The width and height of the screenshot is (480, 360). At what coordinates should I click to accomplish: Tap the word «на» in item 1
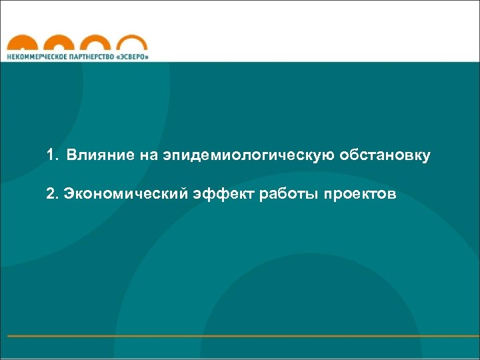[148, 156]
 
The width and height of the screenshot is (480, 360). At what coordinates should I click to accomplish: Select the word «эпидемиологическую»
[248, 156]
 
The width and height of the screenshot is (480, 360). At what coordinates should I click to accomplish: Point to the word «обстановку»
[385, 156]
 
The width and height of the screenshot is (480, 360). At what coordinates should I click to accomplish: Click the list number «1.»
[53, 156]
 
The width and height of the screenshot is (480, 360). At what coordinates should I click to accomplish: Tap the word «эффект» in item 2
[216, 194]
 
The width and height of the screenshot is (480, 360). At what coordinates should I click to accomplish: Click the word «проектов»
[359, 194]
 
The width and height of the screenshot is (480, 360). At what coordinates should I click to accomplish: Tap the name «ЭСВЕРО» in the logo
[133, 57]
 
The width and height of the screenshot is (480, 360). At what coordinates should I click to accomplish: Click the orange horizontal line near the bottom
[240, 335]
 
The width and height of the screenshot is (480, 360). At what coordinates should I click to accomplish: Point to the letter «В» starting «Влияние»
[71, 156]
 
